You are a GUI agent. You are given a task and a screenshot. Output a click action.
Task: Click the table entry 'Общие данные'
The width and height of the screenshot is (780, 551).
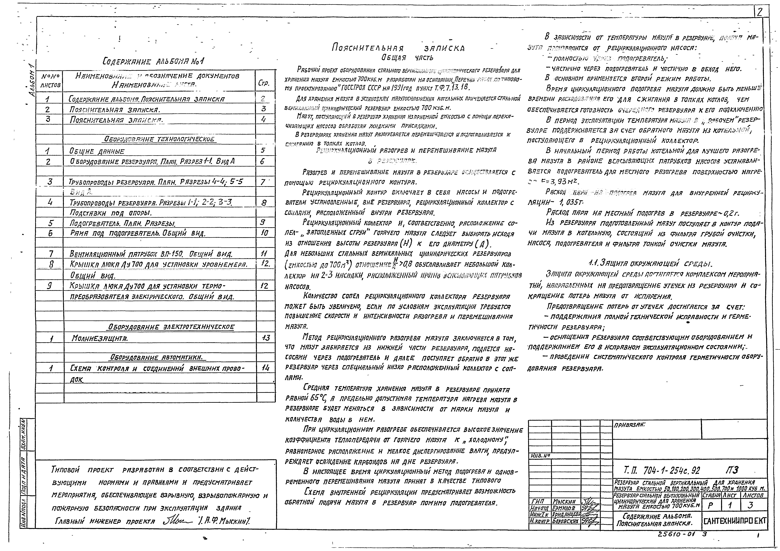(x=97, y=151)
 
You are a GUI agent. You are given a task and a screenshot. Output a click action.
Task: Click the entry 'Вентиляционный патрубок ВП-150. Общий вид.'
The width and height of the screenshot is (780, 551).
(x=151, y=254)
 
